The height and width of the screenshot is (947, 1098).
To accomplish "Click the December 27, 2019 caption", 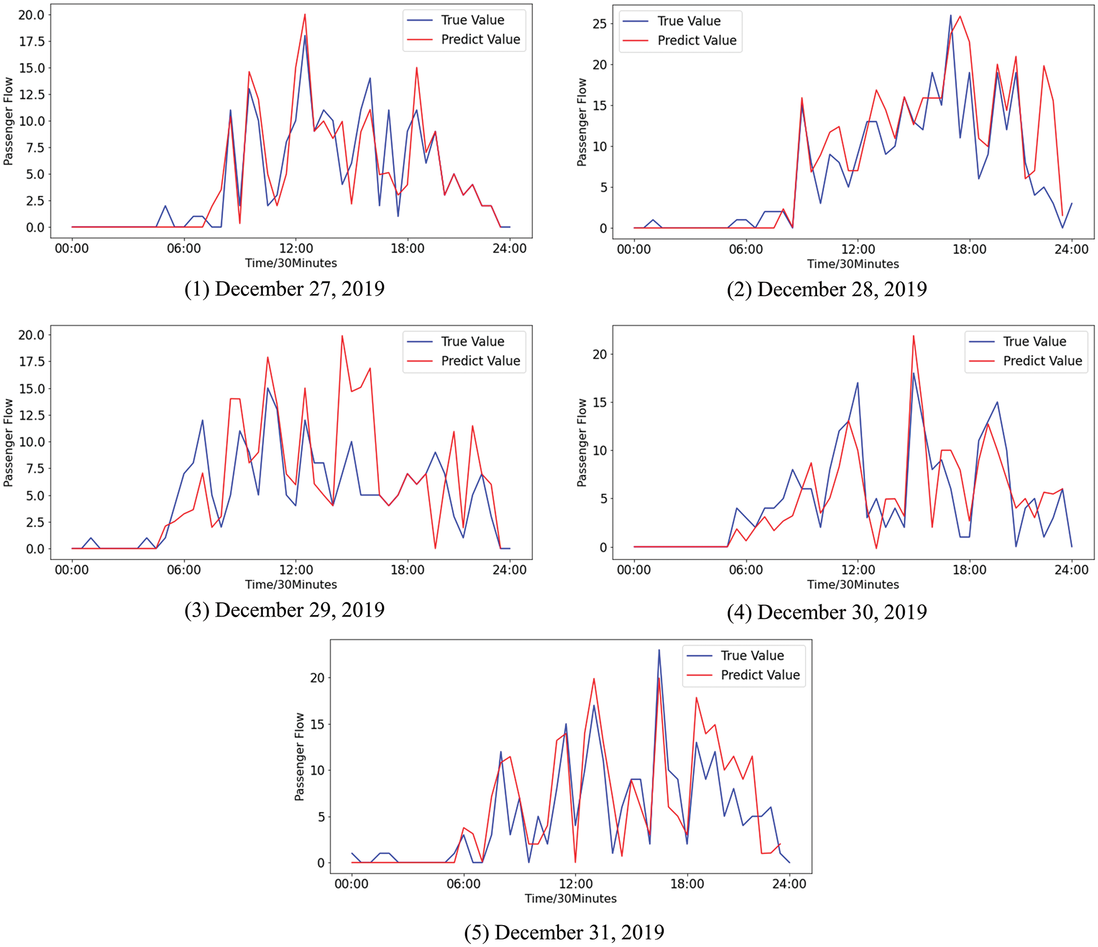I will click(x=284, y=289).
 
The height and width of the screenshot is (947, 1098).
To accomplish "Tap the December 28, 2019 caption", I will click(x=826, y=289).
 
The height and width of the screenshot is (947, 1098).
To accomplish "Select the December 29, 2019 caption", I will click(x=284, y=610).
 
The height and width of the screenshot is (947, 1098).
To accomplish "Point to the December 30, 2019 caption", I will click(x=826, y=612).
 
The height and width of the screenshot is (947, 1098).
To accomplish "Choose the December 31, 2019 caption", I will click(x=564, y=932).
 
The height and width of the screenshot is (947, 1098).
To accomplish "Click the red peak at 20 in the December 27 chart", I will click(x=305, y=15).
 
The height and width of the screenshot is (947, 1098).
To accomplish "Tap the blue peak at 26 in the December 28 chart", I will click(x=951, y=16).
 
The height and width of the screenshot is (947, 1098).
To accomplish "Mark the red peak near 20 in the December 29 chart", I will click(x=342, y=336).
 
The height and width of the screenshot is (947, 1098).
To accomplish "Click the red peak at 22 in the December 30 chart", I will click(x=913, y=336).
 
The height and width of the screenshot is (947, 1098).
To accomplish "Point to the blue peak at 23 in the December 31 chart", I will click(x=659, y=650).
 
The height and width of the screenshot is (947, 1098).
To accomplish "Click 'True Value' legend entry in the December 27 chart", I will click(x=472, y=20).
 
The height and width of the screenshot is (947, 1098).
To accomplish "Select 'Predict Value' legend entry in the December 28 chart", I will click(x=696, y=40).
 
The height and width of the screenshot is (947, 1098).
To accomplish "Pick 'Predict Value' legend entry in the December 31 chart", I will click(x=760, y=675).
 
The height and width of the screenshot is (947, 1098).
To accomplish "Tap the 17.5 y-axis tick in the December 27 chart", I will click(x=31, y=42).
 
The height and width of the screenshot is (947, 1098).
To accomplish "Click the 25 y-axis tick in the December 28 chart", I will click(x=599, y=24).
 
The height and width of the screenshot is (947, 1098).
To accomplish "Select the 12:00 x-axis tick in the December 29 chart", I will click(x=296, y=570).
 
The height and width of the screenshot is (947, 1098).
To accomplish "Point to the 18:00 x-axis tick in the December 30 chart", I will click(x=969, y=570).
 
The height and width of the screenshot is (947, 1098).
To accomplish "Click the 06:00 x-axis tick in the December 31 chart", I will click(x=463, y=884).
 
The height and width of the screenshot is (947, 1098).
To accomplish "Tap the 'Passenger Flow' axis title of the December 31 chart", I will click(x=299, y=756).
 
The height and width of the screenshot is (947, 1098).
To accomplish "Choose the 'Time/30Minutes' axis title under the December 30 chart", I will click(x=853, y=584).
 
